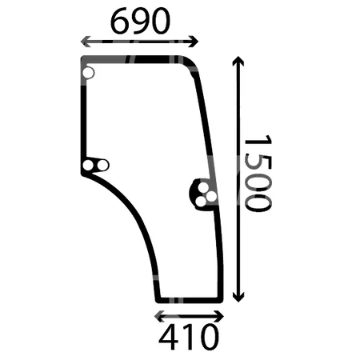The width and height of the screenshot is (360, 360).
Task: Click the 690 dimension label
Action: pyautogui.click(x=140, y=22)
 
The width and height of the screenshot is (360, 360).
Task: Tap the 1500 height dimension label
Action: pyautogui.click(x=256, y=173)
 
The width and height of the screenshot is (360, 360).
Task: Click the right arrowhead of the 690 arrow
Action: pyautogui.click(x=197, y=42)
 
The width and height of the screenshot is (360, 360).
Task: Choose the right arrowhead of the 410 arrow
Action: pyautogui.click(x=222, y=314)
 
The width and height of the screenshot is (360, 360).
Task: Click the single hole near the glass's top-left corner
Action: pyautogui.click(x=88, y=74)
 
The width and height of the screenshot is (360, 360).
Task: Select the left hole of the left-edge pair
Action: pyautogui.click(x=89, y=166)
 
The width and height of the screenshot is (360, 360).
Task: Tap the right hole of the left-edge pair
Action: pyautogui.click(x=102, y=166)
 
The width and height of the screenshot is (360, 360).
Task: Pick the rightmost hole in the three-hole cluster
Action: pyautogui.click(x=210, y=197)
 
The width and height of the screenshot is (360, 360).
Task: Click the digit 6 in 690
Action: pyautogui.click(x=121, y=22)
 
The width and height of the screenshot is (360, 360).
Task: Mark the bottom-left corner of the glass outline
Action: pyautogui.click(x=157, y=298)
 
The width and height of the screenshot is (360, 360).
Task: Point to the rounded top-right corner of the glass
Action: pyautogui.click(x=193, y=64)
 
